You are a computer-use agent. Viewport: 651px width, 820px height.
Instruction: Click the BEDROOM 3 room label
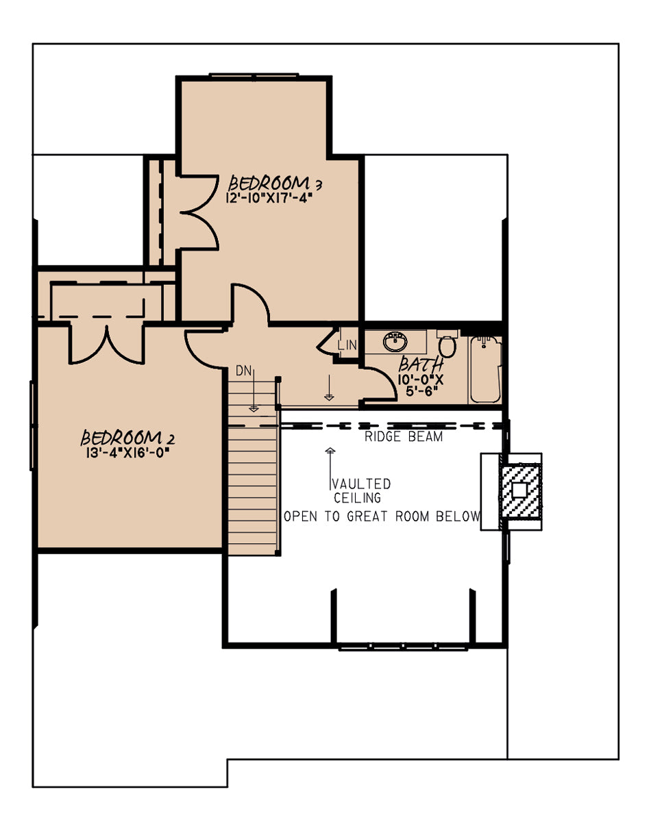tap(275, 184)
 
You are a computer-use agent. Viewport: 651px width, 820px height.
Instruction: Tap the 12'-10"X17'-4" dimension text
tap(269, 198)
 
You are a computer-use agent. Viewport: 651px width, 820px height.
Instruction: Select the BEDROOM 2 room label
tap(127, 437)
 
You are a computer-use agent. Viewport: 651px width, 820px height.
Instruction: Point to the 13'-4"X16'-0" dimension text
tap(128, 452)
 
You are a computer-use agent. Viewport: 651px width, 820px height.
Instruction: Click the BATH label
tap(421, 364)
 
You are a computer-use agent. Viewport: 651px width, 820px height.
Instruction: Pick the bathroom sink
tap(395, 342)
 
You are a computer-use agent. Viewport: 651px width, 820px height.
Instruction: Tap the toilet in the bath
tap(447, 344)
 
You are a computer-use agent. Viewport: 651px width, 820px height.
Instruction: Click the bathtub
tap(486, 370)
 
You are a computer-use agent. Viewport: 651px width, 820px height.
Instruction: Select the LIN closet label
tap(347, 345)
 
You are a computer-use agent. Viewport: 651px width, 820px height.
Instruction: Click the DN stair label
tap(244, 371)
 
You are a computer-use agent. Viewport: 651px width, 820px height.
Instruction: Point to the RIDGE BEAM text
tap(404, 436)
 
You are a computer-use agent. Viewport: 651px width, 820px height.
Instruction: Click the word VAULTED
tap(361, 484)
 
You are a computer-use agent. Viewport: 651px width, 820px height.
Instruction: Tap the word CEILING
tap(358, 498)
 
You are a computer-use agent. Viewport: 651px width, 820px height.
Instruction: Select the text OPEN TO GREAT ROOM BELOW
tap(382, 517)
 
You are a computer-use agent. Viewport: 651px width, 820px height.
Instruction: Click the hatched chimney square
tap(519, 490)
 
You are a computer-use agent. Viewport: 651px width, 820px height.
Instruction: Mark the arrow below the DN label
tap(254, 390)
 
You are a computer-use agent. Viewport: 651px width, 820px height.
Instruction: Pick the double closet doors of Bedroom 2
tap(107, 343)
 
